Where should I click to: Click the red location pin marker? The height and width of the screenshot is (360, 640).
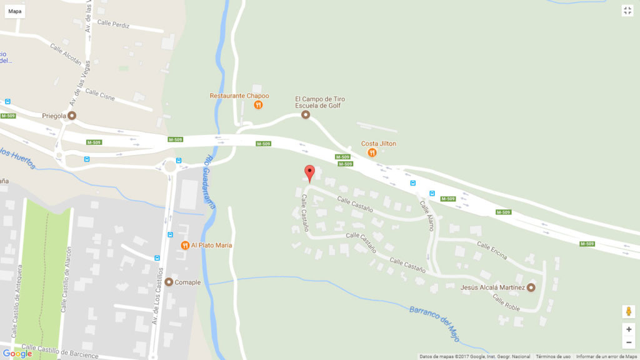pos(309,172)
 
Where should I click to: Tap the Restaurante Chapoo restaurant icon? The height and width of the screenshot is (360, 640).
pos(258,105)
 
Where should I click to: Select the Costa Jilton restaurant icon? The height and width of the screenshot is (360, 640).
pos(372,152)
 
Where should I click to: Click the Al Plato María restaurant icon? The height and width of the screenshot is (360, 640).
pos(185,245)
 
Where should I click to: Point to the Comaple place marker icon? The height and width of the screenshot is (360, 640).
pos(169,282)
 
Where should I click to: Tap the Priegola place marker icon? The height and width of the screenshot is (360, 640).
pos(72,116)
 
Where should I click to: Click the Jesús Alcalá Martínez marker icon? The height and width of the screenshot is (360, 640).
pos(531,287)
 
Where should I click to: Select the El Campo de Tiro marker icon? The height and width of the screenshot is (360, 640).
pos(306,114)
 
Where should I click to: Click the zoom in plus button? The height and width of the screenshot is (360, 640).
pos(628,329)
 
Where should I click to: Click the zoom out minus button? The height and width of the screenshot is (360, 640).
pos(628,342)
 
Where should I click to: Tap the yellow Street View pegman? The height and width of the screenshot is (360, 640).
pos(628,311)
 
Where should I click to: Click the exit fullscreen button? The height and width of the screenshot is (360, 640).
pos(627,11)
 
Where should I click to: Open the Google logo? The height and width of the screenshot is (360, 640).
pos(17,354)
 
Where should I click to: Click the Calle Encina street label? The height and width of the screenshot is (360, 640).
pos(492,249)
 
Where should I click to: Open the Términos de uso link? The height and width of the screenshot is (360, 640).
pos(553,357)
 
